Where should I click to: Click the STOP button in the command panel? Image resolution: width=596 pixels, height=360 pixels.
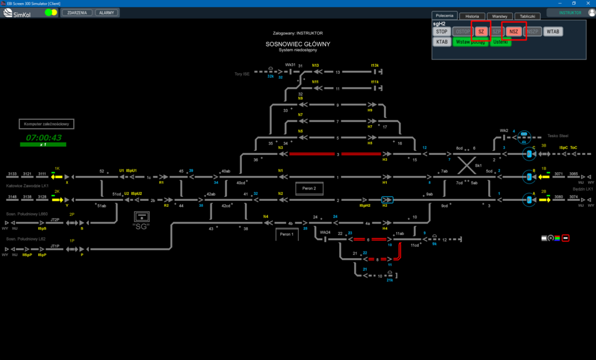pos(442,32)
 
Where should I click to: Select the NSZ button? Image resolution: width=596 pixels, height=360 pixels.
pos(514,32)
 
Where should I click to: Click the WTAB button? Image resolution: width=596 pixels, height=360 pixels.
pos(553,32)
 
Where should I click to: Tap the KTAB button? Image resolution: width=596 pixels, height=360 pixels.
pos(442,42)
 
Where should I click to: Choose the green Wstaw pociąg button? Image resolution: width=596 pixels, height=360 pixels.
pos(470,42)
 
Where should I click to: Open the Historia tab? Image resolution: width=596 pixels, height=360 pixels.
pos(472,16)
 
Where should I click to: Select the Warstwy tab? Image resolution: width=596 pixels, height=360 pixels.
pos(499,16)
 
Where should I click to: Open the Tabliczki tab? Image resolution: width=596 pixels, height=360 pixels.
pos(527,16)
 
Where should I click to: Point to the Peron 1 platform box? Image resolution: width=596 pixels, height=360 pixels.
pos(287,234)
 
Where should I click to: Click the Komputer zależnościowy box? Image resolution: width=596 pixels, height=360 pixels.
pos(46,124)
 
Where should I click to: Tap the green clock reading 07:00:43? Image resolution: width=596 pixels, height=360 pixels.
pos(44,138)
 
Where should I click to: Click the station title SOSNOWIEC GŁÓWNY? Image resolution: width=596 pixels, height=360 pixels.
pos(298,44)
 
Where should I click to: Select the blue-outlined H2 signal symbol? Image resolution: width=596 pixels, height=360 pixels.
pos(387,200)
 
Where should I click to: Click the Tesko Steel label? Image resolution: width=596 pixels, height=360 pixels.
pos(557,135)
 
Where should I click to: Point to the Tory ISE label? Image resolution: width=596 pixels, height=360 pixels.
pos(242,74)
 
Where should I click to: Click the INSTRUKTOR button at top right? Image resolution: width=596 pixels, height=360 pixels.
pos(570,13)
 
